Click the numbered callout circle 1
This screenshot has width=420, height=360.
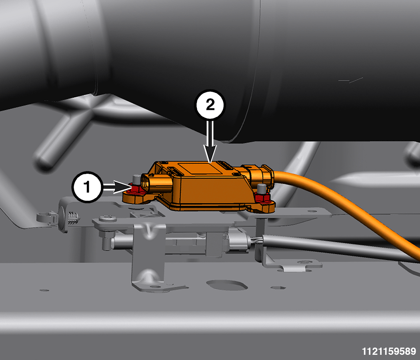click(x=87, y=187)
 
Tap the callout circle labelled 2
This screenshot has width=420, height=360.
click(x=210, y=104)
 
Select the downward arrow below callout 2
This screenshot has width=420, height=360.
click(x=210, y=141)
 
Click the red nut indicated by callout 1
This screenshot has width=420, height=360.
click(x=135, y=189)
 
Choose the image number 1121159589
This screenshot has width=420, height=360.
click(x=389, y=351)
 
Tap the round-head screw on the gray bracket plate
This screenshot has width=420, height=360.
click(x=108, y=219)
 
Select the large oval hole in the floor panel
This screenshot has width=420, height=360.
click(x=227, y=284)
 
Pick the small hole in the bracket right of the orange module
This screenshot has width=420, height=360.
click(x=312, y=211)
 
